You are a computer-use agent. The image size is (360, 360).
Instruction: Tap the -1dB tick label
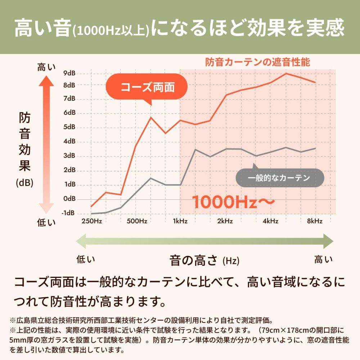point(68,213)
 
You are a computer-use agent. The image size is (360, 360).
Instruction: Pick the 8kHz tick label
point(315,221)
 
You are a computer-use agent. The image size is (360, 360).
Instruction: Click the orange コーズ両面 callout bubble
point(147,87)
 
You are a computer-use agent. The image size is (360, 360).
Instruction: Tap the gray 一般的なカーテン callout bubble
point(279,178)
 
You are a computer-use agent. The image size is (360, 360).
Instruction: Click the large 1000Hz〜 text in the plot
point(234,202)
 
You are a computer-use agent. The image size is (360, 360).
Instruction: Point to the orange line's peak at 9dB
point(286,73)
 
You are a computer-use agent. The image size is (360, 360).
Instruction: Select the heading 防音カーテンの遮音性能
point(257,62)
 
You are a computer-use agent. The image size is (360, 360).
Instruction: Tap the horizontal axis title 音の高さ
point(194,260)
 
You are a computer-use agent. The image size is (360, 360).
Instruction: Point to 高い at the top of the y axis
point(47,67)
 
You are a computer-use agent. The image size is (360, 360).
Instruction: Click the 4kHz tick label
point(270,221)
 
